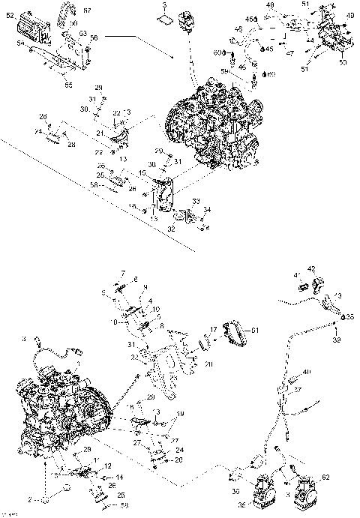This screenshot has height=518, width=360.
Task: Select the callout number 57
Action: click(87, 10)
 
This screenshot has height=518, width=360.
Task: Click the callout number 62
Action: click(324, 476)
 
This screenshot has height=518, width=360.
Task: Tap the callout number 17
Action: click(213, 328)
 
